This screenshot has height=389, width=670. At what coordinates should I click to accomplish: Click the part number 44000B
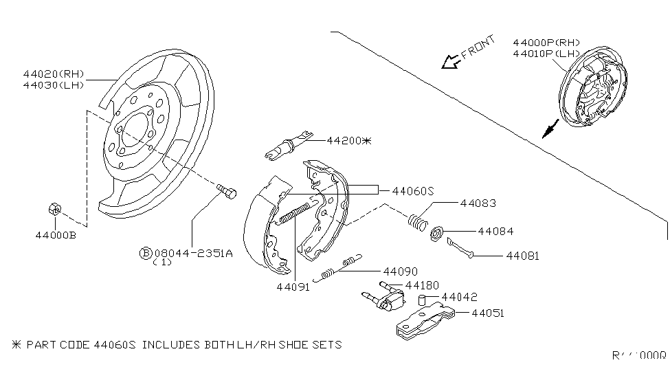click(x=56, y=235)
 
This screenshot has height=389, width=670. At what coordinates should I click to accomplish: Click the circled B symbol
click(x=146, y=253)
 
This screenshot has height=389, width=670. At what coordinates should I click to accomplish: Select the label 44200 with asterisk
click(x=348, y=140)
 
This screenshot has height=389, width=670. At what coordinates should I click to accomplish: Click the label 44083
click(x=478, y=203)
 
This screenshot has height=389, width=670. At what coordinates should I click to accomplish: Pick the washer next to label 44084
click(x=436, y=235)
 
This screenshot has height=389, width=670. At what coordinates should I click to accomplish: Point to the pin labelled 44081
click(x=460, y=249)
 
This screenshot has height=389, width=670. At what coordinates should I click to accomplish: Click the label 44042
click(x=459, y=298)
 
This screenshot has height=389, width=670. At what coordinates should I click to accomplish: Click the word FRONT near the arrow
click(x=478, y=48)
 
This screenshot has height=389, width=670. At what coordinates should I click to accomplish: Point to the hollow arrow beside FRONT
click(x=451, y=63)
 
